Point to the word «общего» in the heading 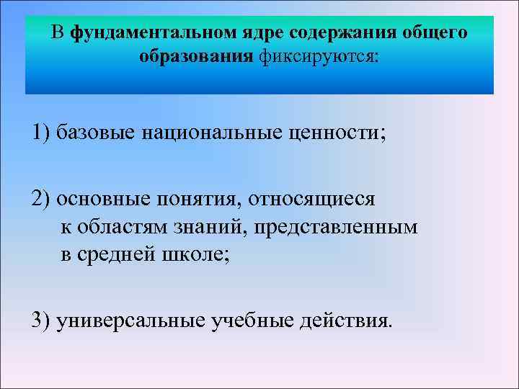[x=431, y=34]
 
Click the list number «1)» [x=41, y=134]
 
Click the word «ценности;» [x=337, y=134]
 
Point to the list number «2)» [x=41, y=199]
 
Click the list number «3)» [x=41, y=320]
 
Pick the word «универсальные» [x=131, y=320]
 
